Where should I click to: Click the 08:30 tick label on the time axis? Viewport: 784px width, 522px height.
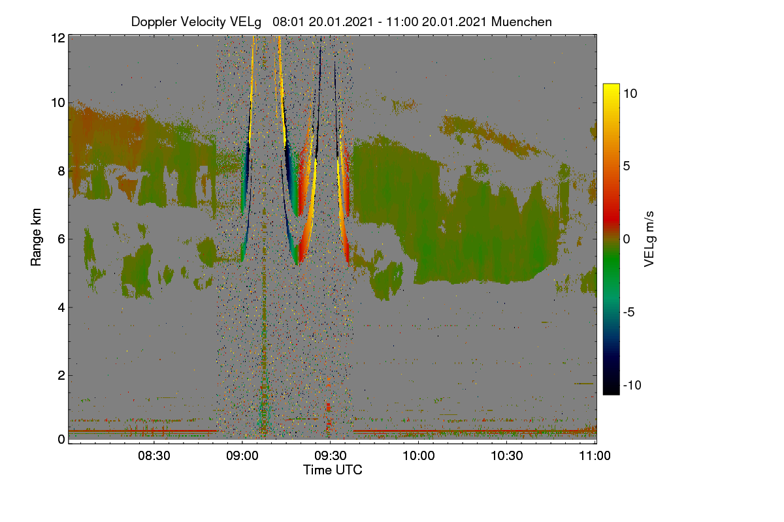click(154, 456)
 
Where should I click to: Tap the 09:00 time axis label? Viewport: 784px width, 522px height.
click(242, 456)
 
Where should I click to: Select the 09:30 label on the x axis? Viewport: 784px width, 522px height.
click(331, 456)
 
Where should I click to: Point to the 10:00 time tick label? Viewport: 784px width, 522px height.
click(419, 456)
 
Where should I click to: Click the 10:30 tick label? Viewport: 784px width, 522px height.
click(507, 456)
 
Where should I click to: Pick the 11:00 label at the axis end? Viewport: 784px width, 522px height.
click(595, 456)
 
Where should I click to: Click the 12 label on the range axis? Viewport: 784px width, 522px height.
click(58, 38)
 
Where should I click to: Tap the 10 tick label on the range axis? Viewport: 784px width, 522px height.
click(58, 103)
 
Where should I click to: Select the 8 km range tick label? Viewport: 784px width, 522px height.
click(61, 171)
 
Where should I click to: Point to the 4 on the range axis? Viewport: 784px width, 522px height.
click(61, 308)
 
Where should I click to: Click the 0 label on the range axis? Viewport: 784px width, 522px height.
click(61, 440)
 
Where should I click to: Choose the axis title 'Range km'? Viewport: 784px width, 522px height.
click(36, 237)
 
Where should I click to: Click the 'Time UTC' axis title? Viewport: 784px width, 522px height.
click(333, 470)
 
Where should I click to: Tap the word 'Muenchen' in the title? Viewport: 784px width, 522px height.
click(521, 22)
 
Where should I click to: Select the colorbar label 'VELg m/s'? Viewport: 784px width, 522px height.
click(649, 239)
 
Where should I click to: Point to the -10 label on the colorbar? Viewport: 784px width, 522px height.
click(632, 385)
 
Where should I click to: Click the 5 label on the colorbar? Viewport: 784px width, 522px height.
click(627, 166)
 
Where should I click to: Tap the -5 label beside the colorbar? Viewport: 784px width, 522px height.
click(629, 312)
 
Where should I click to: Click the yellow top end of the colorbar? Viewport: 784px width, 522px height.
click(611, 85)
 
